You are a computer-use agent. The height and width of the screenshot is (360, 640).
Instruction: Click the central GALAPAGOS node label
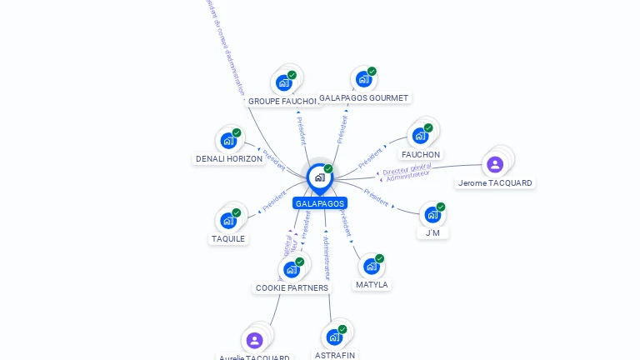(319, 203)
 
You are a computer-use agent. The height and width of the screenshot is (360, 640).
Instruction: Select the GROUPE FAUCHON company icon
(284, 82)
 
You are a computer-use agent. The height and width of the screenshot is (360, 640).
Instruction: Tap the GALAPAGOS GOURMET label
(364, 97)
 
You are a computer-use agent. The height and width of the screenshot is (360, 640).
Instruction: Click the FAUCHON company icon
(421, 135)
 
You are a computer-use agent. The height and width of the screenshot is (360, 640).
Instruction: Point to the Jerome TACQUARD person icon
(495, 164)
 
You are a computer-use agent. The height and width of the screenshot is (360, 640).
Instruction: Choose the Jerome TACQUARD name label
(495, 183)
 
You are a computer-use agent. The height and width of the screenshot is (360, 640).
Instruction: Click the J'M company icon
(432, 214)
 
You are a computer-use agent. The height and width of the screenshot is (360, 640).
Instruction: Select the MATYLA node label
(372, 284)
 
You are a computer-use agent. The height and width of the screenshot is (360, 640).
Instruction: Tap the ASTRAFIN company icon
(334, 337)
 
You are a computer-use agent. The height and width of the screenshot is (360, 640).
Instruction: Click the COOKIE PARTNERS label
(292, 287)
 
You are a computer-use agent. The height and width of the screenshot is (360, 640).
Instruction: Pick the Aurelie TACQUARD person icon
(255, 340)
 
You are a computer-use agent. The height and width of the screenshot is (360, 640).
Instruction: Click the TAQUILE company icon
(228, 221)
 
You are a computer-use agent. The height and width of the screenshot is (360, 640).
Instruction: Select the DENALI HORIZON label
(229, 158)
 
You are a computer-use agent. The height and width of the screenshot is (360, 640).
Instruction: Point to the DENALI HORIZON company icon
(228, 141)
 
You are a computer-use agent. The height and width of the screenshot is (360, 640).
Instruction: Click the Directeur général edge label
(407, 169)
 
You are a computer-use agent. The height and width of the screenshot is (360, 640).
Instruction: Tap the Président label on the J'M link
(376, 197)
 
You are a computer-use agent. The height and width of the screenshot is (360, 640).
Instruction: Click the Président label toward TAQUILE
(274, 201)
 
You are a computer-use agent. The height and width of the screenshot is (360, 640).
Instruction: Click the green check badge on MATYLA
(379, 258)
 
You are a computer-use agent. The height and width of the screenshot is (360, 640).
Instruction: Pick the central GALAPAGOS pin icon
(319, 177)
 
